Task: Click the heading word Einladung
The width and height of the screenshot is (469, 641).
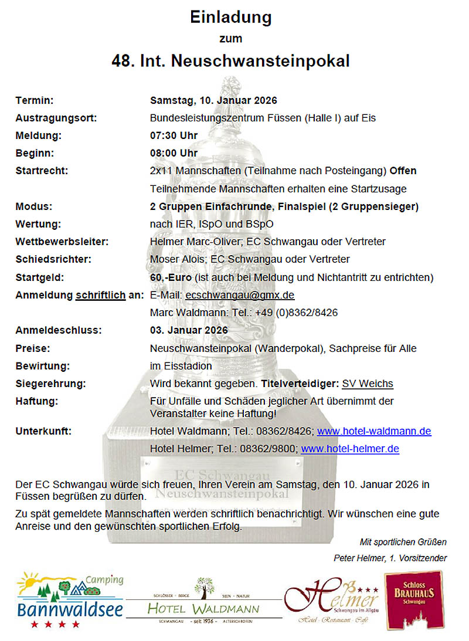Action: [x=231, y=18]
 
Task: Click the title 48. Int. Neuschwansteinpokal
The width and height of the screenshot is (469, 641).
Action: [x=231, y=60]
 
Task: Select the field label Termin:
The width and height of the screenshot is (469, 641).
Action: [x=35, y=100]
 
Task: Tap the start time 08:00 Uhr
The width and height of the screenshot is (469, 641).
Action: [x=174, y=153]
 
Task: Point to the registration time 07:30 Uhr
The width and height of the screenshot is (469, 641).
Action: [x=174, y=135]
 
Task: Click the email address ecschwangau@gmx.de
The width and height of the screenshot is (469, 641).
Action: [x=240, y=295]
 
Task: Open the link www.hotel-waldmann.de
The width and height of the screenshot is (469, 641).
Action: [x=374, y=431]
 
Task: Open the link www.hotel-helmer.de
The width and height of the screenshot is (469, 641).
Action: [x=350, y=449]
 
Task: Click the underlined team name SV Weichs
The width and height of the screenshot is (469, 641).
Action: [x=368, y=384]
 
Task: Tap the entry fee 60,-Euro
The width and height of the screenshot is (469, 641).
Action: [x=172, y=277]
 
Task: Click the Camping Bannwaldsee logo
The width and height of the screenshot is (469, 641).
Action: [x=70, y=599]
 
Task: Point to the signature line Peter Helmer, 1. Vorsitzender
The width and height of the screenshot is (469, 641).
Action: [x=390, y=558]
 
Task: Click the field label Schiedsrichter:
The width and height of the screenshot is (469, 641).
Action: [x=53, y=259]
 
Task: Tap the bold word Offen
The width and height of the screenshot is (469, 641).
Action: [x=403, y=171]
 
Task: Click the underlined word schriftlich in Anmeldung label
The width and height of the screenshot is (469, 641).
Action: [x=100, y=295]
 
